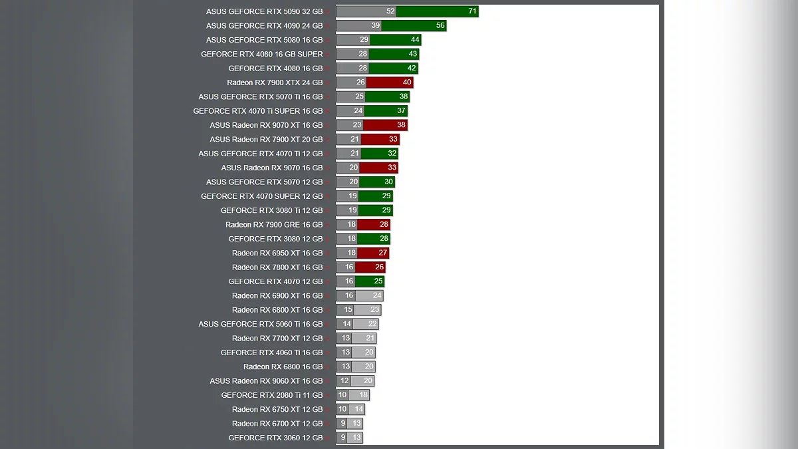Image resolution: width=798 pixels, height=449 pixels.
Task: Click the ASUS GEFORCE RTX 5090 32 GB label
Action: (264, 11)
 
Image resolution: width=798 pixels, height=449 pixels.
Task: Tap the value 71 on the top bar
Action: (472, 11)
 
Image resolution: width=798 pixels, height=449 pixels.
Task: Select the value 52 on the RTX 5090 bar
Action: (390, 11)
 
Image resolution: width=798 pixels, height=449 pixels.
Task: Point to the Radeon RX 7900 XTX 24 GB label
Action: (275, 82)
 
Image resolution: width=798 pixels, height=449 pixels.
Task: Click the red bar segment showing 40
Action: (390, 82)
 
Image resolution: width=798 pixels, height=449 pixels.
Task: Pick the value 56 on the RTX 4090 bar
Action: (440, 26)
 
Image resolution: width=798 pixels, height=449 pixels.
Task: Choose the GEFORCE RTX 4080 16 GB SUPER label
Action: (262, 55)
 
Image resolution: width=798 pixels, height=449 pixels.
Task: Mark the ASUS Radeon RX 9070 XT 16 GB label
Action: (266, 125)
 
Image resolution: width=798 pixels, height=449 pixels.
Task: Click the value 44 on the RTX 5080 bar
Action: (415, 40)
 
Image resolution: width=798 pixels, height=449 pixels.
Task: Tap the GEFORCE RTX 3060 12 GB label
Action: (275, 438)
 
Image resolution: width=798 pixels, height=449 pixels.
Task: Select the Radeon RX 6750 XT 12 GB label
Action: (277, 410)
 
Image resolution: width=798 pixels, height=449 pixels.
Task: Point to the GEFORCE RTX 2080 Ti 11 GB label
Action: (272, 395)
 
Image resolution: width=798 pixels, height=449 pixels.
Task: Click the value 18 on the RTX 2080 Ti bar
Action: (363, 395)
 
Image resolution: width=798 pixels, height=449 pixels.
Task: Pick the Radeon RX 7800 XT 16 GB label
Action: (277, 267)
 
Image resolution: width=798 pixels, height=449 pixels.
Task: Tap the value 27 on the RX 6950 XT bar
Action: (383, 253)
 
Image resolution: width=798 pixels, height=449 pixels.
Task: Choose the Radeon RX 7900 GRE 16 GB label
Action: (274, 225)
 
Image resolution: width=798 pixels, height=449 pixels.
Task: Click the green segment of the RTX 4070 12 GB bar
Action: (370, 281)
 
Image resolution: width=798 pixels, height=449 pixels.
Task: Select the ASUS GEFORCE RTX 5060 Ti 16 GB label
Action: (261, 324)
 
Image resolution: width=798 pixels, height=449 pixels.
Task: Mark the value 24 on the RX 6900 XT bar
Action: (377, 296)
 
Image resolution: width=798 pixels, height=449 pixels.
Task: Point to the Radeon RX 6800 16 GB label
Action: (283, 367)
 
